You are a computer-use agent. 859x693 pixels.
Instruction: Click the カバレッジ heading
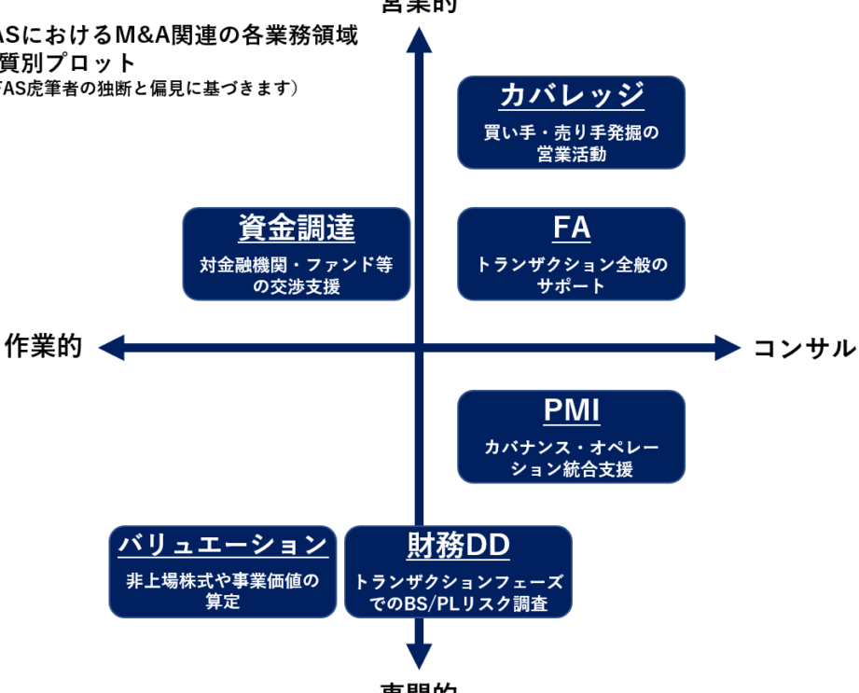(x=572, y=95)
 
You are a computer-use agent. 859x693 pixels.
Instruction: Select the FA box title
(x=572, y=228)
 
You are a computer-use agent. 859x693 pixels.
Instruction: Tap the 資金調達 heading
(x=297, y=228)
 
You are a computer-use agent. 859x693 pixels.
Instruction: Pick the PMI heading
(x=572, y=410)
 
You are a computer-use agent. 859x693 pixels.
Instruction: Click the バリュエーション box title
(x=223, y=545)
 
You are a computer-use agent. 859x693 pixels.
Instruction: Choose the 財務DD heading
(x=458, y=545)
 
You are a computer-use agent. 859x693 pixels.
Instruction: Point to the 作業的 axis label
(x=44, y=347)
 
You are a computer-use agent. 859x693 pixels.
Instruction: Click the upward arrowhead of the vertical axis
(x=420, y=39)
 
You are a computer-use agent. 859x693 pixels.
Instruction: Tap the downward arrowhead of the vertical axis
(x=420, y=656)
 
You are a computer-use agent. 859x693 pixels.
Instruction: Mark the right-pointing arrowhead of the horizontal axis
(x=727, y=348)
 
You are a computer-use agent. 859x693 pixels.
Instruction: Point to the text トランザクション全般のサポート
(x=572, y=275)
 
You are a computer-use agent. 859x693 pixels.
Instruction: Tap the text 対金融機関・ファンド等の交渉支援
(x=297, y=275)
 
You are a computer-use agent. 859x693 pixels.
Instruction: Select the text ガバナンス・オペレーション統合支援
(x=572, y=458)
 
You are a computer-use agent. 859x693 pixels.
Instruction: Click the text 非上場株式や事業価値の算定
(x=223, y=590)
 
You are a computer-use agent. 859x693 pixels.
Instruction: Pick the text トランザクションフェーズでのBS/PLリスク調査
(x=458, y=593)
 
